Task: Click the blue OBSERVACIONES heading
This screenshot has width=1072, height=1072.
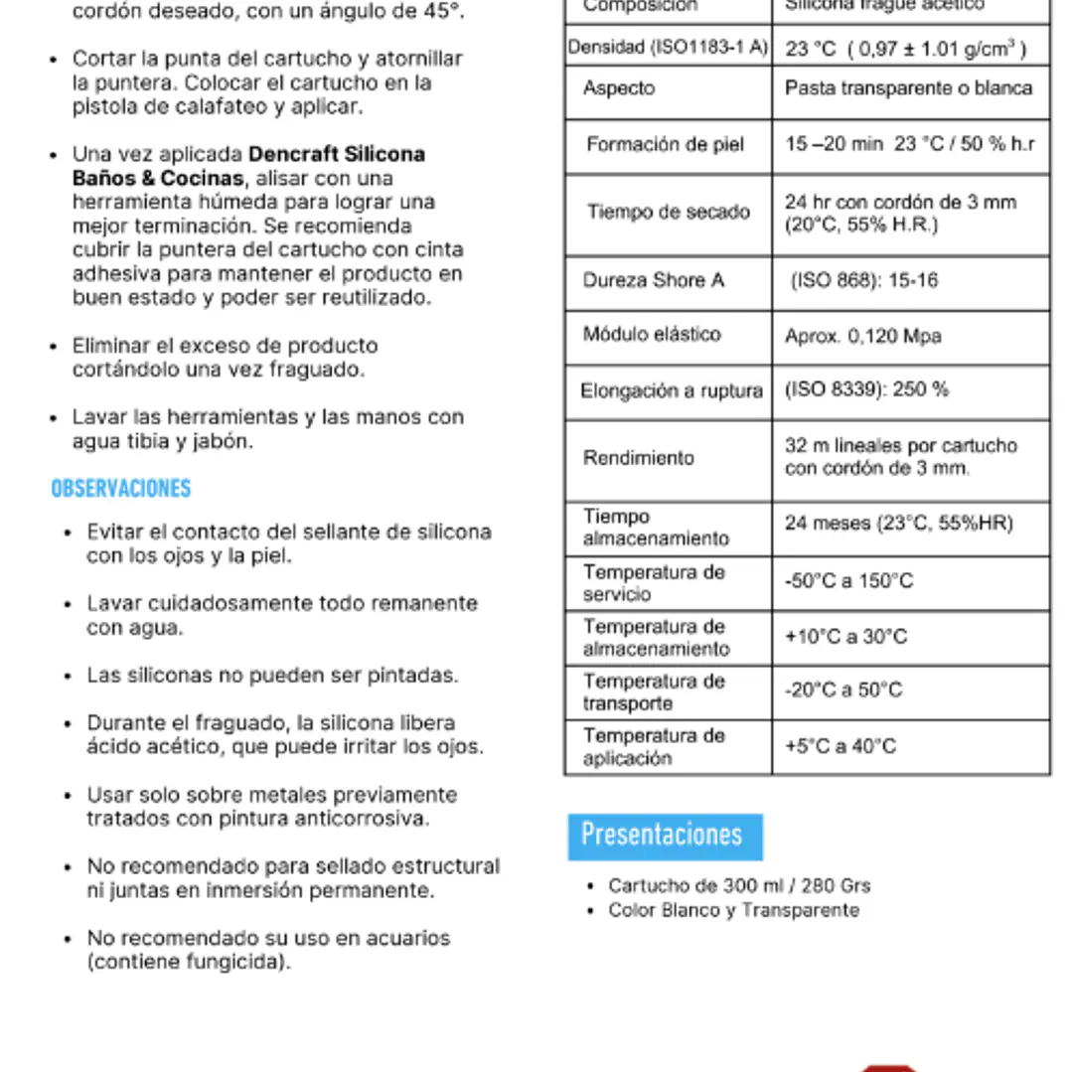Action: click(121, 489)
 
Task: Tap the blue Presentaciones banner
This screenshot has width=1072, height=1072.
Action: click(663, 836)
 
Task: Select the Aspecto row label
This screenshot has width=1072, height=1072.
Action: click(619, 88)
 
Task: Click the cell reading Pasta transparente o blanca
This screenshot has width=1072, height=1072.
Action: click(908, 88)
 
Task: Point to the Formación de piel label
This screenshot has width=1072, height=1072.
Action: click(665, 145)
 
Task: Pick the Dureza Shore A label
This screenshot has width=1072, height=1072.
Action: click(653, 281)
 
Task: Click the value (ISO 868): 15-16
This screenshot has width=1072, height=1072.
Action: click(863, 281)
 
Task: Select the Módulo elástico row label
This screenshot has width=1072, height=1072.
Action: click(652, 335)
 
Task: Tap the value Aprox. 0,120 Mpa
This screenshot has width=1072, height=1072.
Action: click(862, 337)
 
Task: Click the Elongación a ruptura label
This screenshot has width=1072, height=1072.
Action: click(672, 391)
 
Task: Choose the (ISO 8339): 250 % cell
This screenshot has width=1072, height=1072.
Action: click(866, 390)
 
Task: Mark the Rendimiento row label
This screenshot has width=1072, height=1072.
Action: click(639, 458)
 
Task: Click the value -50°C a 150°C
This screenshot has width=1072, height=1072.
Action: click(848, 582)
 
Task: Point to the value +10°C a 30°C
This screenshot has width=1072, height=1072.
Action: click(845, 637)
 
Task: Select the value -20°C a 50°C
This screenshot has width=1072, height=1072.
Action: click(843, 690)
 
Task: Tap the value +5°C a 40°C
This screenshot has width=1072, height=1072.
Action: click(841, 746)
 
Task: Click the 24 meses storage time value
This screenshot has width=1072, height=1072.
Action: click(898, 524)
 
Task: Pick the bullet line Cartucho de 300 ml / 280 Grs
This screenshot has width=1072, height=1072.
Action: click(739, 886)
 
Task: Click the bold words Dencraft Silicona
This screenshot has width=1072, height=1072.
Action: click(336, 155)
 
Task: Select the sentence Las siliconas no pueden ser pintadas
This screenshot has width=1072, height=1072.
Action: click(272, 676)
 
